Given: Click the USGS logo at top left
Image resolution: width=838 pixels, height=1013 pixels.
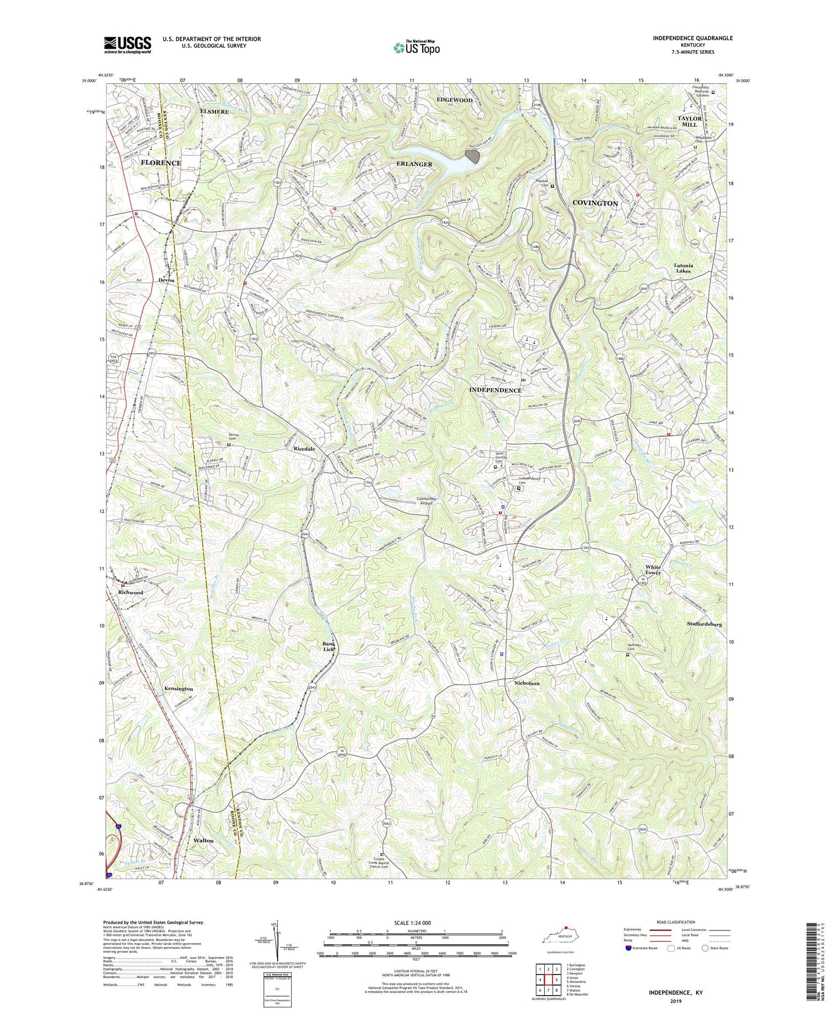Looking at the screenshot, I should (x=127, y=44).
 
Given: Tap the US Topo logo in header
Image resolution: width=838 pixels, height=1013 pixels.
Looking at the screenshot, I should (x=416, y=47).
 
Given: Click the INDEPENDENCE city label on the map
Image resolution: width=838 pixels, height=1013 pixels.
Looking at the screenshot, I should (x=495, y=390).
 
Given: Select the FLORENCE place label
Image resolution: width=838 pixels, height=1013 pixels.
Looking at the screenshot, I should (x=160, y=163).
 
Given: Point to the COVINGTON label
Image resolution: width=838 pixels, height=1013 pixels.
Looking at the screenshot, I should (x=595, y=203).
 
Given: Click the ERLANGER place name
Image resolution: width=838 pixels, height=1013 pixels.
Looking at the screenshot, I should (x=414, y=164).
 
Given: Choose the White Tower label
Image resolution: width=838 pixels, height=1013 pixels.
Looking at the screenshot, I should (x=653, y=569).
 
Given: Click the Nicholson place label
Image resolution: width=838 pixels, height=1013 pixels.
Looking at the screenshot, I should (x=526, y=683).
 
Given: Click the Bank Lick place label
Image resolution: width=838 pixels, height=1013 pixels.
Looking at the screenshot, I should (x=328, y=646).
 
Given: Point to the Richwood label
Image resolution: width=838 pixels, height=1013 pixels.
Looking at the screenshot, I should (x=131, y=592).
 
